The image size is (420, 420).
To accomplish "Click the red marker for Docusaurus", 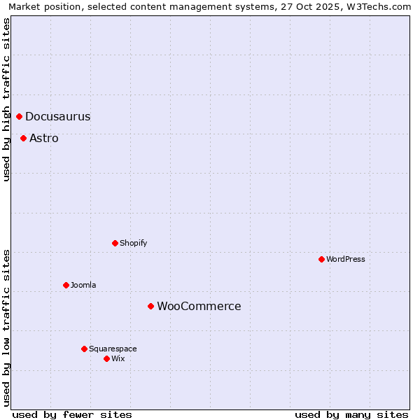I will [x=19, y=116].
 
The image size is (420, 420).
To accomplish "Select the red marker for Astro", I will [x=23, y=138].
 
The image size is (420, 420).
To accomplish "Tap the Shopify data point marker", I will [x=115, y=243].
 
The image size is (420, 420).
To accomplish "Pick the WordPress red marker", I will [x=321, y=259].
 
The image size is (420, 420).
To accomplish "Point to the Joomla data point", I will [x=66, y=285].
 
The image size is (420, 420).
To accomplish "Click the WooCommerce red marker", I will [x=150, y=306].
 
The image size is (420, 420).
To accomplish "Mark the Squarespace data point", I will [x=84, y=349].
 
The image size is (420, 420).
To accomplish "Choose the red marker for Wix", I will [x=106, y=358].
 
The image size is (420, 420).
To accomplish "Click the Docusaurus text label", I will [x=58, y=117].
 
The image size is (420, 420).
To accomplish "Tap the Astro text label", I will [x=44, y=139].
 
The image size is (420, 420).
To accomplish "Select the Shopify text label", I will [x=134, y=244].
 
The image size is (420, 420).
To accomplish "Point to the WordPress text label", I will [x=346, y=260].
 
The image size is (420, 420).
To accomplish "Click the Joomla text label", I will [x=83, y=286].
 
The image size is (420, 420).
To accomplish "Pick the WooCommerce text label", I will [x=199, y=307].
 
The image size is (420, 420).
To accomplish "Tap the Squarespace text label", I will [x=113, y=349].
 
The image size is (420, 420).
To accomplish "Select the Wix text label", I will [x=118, y=359].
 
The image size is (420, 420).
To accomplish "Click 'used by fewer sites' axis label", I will [x=72, y=414].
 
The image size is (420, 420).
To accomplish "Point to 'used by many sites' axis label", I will [x=351, y=414].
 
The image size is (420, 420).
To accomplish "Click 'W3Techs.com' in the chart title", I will [x=381, y=7].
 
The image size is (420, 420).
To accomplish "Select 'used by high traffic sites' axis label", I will [x=7, y=100].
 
